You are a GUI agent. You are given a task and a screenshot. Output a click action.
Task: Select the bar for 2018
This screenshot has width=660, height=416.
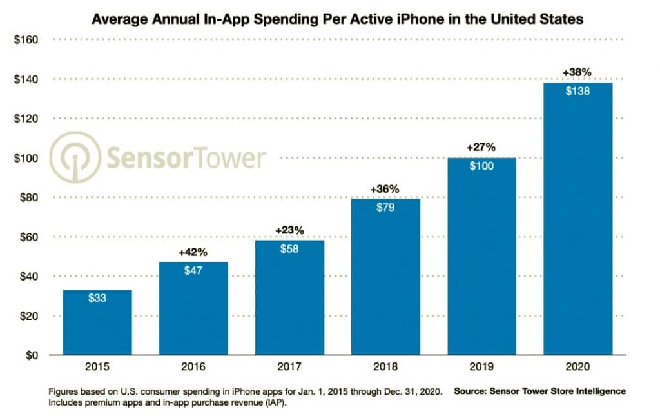coord(386,277)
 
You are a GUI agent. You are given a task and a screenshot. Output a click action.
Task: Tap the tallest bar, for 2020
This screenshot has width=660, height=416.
coord(578,219)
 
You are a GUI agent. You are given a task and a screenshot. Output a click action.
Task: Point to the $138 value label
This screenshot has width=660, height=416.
coord(578,91)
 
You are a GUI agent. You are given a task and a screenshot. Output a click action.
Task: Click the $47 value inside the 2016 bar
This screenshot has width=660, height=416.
coord(194,271)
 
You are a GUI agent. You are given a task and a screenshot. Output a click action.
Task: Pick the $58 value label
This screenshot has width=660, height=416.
coord(290,249)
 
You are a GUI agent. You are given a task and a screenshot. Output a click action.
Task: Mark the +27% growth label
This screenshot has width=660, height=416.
coord(482,147)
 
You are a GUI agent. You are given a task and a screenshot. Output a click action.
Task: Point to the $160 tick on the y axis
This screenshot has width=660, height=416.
coord(26,40)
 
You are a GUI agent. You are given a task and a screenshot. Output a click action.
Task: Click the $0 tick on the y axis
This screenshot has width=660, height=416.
coord(31,355)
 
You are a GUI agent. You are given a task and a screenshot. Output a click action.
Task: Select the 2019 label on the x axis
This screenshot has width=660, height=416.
coord(482,368)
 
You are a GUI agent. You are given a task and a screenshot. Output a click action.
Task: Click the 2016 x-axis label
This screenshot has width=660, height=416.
coord(194,368)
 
